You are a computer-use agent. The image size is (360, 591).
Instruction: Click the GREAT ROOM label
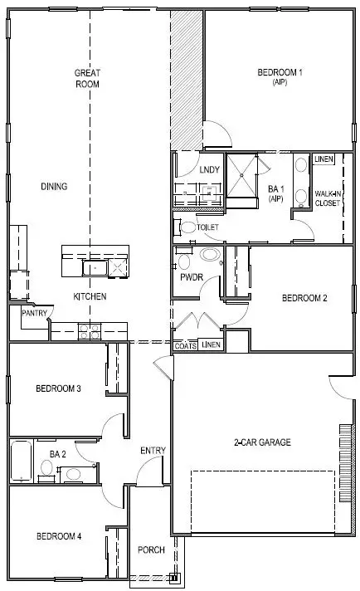(x=87, y=78)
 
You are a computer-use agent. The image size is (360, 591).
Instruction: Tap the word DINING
(x=54, y=187)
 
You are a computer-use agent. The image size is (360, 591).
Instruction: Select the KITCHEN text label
(x=90, y=296)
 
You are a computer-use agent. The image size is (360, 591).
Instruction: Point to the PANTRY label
(x=33, y=313)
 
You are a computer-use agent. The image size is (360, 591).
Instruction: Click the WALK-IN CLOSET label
(x=327, y=198)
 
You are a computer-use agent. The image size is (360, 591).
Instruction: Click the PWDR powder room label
(x=192, y=279)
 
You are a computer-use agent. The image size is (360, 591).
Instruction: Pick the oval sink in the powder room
(x=210, y=256)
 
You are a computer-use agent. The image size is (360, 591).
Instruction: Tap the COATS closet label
(x=186, y=345)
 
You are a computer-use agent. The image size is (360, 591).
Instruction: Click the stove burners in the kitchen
(x=89, y=331)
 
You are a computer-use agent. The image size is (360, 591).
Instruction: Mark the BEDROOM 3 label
(x=58, y=388)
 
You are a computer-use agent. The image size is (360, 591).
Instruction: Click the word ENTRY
(x=153, y=451)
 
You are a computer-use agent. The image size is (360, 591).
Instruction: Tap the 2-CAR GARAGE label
(x=261, y=442)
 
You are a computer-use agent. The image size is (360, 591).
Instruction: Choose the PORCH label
(x=151, y=550)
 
